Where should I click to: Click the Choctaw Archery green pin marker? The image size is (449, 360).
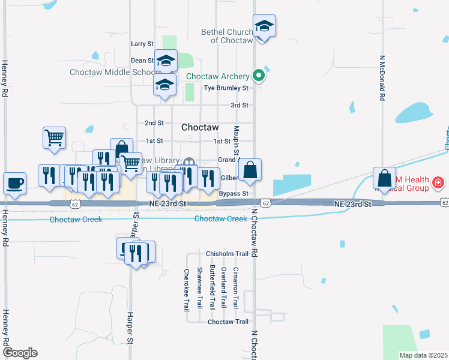259,76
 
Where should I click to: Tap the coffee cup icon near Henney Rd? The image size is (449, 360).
14,182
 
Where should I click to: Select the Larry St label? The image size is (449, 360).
142,44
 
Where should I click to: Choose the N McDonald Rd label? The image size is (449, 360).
382,79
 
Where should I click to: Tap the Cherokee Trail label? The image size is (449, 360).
186,290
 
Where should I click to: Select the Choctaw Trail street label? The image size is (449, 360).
228,322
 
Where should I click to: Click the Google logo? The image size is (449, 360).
20,353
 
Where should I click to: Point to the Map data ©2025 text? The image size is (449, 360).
423,355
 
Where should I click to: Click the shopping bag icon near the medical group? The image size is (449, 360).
384,178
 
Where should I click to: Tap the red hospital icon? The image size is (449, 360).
439,182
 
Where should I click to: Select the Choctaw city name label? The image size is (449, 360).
200,128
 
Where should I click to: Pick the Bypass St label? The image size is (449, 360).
234,194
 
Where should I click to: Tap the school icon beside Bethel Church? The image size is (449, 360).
264,26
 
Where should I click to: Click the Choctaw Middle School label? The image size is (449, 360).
113,72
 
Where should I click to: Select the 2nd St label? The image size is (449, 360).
154,123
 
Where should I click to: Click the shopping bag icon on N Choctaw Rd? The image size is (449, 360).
250,170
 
